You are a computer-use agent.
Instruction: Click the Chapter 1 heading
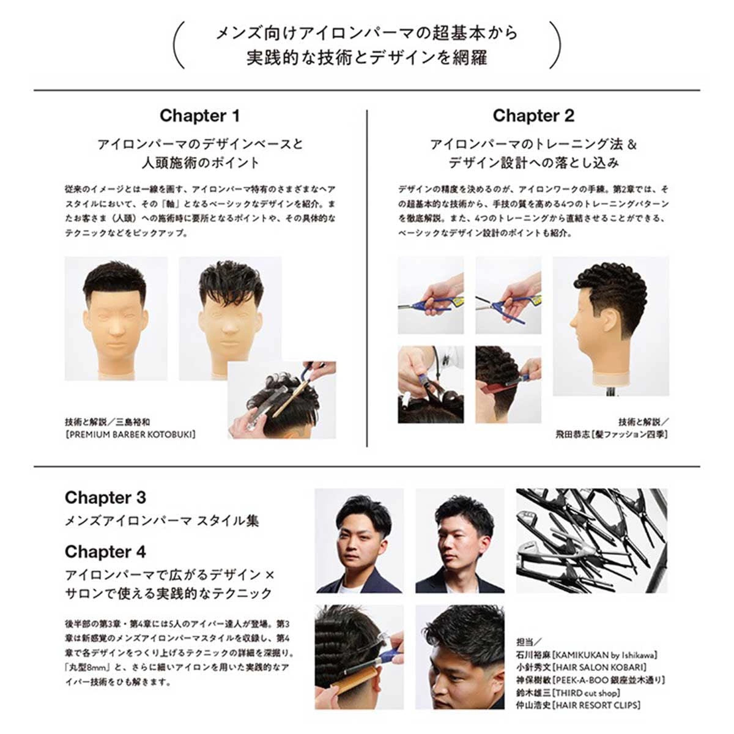coord(199,116)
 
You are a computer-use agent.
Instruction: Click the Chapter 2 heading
coord(533,116)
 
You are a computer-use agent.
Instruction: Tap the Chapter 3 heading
coord(105,498)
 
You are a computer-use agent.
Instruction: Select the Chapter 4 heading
coord(105,552)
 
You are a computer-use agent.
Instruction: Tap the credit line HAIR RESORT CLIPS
coord(597,705)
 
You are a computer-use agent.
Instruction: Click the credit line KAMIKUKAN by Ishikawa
coord(605,654)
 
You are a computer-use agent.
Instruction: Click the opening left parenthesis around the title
coord(179,45)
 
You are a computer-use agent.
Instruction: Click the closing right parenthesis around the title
coord(555,45)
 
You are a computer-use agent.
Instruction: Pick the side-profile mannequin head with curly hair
coord(610,326)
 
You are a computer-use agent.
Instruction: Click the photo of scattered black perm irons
coord(591,541)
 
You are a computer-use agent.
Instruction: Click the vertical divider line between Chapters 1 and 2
coord(367,278)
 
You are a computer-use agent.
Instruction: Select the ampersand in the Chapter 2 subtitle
coord(631,144)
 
